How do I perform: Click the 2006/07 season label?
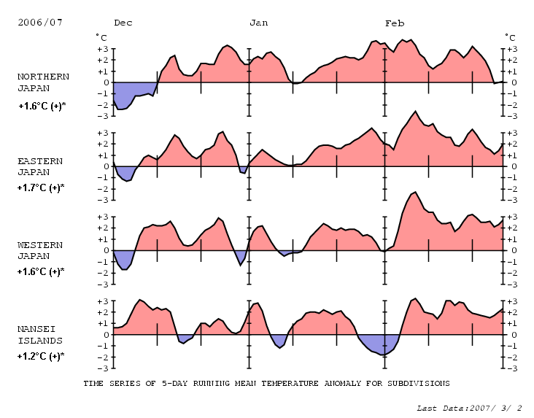point(40,23)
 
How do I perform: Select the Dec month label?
point(123,23)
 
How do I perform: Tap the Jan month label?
point(258,23)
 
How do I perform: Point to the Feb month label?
point(395,23)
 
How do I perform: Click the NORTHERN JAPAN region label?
point(43,82)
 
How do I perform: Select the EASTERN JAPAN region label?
point(40,166)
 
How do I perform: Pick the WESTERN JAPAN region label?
point(40,250)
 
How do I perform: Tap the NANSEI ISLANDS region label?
point(40,334)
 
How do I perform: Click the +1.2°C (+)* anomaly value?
point(42,356)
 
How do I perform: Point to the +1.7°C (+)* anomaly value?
point(42,187)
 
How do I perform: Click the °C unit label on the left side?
point(101,37)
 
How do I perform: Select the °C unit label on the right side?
point(511,37)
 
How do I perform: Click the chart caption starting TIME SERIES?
point(266,382)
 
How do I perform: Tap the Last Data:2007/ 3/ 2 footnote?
point(469,408)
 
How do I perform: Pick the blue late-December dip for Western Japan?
point(240,257)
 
